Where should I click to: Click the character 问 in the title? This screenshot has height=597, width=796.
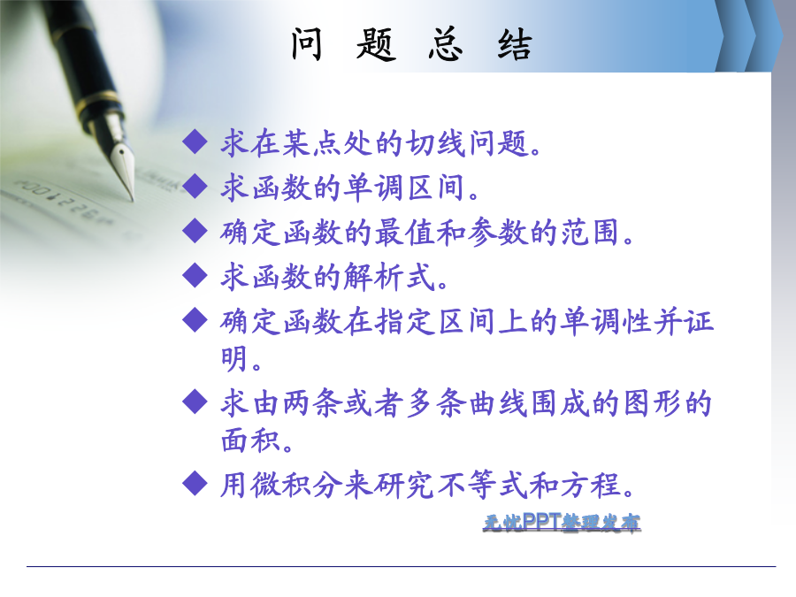[307, 44]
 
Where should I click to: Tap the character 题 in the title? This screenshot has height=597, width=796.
[376, 44]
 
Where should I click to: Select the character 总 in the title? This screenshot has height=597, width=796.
[446, 44]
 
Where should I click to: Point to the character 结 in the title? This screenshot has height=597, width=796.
[515, 44]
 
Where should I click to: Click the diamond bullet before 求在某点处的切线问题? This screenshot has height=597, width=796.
[195, 142]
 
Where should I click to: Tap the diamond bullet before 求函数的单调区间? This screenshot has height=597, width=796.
[195, 186]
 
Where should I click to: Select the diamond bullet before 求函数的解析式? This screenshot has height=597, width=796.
[195, 275]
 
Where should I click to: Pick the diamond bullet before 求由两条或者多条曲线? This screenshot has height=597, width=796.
[195, 402]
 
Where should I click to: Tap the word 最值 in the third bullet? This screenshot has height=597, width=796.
[404, 232]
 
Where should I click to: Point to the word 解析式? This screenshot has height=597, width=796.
[389, 277]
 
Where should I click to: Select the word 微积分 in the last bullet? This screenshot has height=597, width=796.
[296, 485]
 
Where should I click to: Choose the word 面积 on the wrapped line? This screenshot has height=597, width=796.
[251, 440]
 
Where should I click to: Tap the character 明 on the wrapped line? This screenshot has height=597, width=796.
[234, 358]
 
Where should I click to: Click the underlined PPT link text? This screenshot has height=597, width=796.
[562, 523]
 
